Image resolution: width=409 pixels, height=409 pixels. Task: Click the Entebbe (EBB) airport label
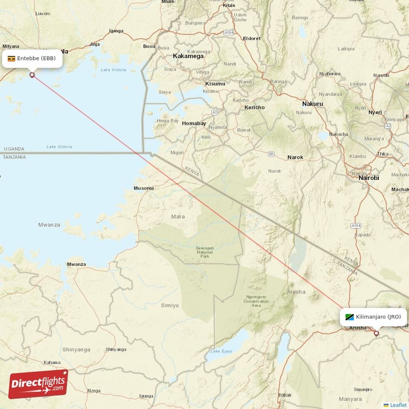(36, 58)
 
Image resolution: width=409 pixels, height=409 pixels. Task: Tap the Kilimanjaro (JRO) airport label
(378, 317)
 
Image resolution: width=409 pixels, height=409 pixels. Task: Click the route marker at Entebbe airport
(32, 75)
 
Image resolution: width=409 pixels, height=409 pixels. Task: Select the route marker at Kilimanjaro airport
(377, 333)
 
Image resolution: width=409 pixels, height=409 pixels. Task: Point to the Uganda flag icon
(11, 58)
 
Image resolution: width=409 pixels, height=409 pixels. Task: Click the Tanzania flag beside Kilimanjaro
(350, 317)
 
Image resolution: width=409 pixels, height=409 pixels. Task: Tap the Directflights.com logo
(38, 383)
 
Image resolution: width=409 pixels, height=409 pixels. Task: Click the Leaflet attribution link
(398, 405)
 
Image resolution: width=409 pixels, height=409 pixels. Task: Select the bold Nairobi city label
(369, 178)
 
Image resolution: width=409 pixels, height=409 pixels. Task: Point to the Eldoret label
(252, 38)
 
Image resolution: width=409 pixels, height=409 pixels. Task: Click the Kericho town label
(254, 107)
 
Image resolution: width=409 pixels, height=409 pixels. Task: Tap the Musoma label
(144, 188)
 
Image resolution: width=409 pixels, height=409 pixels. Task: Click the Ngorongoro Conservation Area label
(256, 301)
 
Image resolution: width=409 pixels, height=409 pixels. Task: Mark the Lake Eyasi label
(221, 351)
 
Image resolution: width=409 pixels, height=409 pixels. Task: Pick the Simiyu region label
(170, 305)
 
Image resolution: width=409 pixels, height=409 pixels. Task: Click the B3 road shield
(271, 153)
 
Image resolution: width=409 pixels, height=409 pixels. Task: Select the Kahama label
(52, 362)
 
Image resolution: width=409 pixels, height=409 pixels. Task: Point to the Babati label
(284, 395)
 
